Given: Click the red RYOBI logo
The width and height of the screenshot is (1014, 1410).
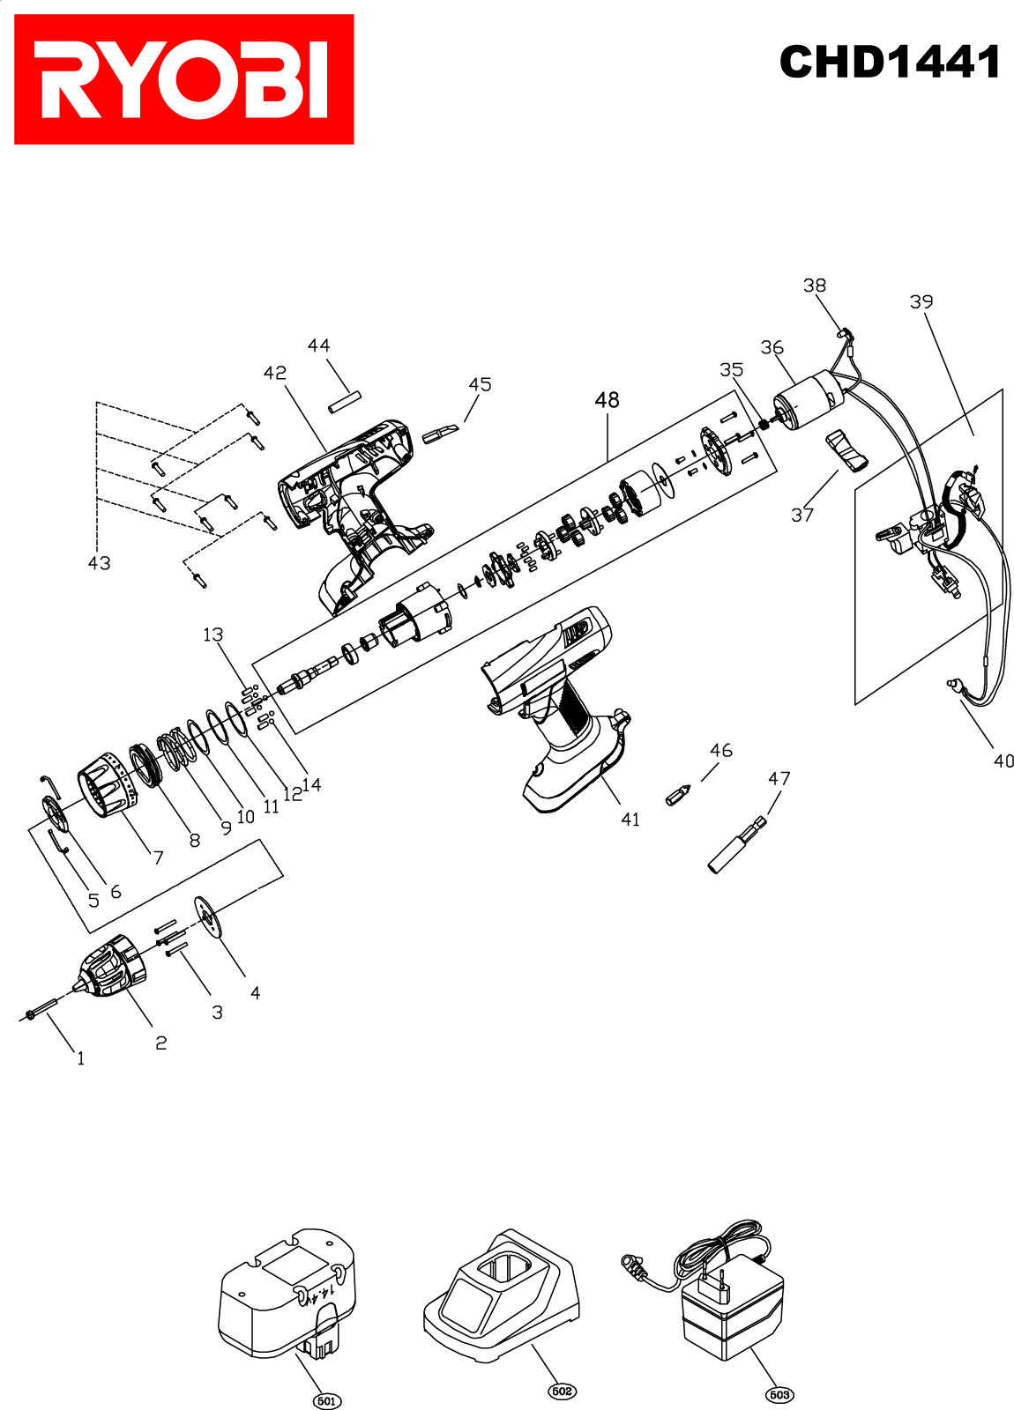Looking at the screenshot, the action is pyautogui.click(x=183, y=79).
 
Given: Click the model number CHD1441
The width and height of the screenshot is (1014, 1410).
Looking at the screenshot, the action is pyautogui.click(x=889, y=62).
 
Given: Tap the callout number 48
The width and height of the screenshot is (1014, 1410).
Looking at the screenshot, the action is pyautogui.click(x=607, y=400).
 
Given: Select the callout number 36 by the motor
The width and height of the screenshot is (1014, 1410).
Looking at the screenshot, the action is pyautogui.click(x=772, y=347).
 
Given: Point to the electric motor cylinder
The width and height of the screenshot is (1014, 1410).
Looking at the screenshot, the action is pyautogui.click(x=809, y=400).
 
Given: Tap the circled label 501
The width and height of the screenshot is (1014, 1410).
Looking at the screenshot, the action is pyautogui.click(x=326, y=1400).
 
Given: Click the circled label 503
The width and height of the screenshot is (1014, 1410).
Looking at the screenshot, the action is pyautogui.click(x=779, y=1394).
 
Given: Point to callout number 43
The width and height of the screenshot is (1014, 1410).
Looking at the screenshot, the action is pyautogui.click(x=99, y=563).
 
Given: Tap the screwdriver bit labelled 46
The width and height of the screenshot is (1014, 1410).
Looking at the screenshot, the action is pyautogui.click(x=678, y=795).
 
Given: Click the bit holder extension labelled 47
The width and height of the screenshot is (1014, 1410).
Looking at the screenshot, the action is pyautogui.click(x=736, y=845).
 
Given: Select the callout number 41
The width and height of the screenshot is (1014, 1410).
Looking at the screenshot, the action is pyautogui.click(x=630, y=819).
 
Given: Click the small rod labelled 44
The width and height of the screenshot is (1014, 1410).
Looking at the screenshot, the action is pyautogui.click(x=345, y=402).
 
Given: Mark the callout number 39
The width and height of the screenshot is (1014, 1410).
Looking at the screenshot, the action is pyautogui.click(x=921, y=301).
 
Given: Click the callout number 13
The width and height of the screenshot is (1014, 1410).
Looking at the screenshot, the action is pyautogui.click(x=212, y=634).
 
